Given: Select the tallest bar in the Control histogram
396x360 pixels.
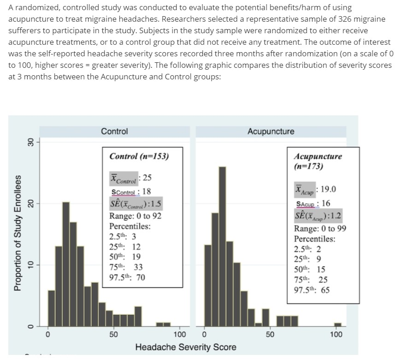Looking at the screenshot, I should pos(66,264).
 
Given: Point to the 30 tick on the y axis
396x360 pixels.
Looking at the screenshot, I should pos(31,143).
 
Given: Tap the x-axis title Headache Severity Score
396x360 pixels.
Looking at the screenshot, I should pos(186,347).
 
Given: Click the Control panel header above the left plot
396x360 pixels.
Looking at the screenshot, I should pos(114,132).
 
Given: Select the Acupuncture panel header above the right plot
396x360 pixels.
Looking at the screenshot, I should pos(271,132).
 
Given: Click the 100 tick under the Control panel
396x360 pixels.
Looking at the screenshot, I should pos(179,334).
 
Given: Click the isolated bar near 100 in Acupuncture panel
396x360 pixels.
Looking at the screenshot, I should pos(337,324).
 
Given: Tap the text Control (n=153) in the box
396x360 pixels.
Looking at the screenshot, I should pos(139,156).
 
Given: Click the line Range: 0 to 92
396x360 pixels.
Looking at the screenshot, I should pos(135,216).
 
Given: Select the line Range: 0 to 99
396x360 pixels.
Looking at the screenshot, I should pos(320,228).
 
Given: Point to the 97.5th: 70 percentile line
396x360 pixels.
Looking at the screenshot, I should pos(127,277).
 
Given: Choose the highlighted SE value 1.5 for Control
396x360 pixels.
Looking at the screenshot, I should pos(135,204).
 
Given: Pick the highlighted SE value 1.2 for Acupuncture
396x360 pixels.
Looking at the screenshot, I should pos(319,216).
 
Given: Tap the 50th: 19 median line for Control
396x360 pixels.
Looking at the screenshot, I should pos(125,257).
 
